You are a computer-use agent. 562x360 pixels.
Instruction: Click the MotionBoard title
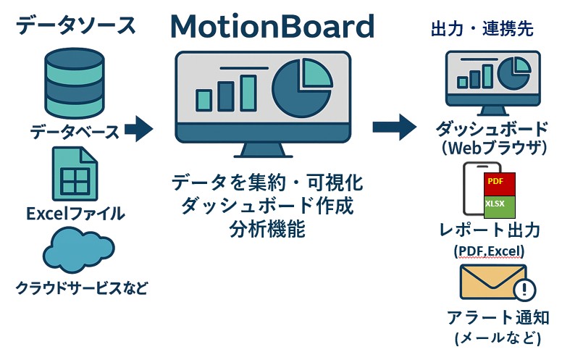point(272,28)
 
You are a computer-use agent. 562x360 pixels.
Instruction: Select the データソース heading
point(76,25)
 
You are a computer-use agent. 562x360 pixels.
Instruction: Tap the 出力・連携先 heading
point(482,29)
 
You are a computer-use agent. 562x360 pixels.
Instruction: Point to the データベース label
point(75,133)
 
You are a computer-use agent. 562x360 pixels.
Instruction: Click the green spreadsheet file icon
point(74,175)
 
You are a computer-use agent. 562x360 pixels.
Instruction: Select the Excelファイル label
point(75,214)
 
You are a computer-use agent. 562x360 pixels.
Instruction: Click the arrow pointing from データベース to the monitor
point(138,130)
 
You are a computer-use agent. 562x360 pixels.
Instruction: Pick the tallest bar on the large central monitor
point(248,91)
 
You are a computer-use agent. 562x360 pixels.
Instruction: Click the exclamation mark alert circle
point(524,290)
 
